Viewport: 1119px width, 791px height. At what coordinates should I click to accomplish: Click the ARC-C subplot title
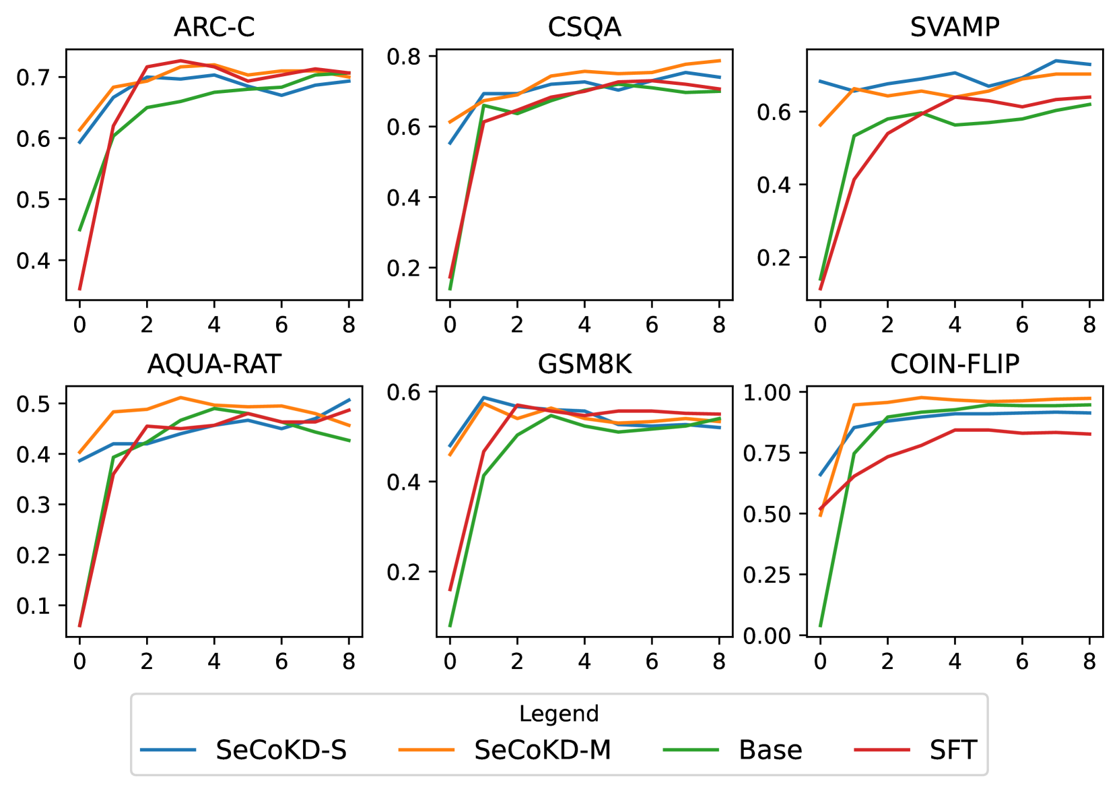[214, 27]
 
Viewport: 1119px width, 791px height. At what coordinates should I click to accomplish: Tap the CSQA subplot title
[584, 27]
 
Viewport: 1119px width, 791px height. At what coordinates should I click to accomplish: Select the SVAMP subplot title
[955, 27]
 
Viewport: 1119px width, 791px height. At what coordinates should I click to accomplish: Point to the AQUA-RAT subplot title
[214, 364]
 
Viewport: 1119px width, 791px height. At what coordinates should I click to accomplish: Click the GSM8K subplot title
[584, 364]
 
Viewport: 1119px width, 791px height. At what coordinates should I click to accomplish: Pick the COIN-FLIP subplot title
[955, 364]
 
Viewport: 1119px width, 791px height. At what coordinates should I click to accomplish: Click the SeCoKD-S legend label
[281, 750]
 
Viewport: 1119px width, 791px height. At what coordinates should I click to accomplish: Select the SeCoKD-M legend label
[543, 750]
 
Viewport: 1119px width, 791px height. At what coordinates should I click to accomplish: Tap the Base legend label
[770, 750]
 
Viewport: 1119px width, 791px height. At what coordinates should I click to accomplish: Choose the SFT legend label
[953, 750]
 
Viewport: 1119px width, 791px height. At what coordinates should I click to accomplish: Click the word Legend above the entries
[559, 714]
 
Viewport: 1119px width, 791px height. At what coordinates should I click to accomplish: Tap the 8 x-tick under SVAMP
[1089, 325]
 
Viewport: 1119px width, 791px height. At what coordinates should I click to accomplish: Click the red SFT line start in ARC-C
[79, 289]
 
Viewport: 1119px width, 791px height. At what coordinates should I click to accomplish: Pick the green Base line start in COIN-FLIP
[820, 626]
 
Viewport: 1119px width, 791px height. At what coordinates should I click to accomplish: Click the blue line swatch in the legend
[168, 750]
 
